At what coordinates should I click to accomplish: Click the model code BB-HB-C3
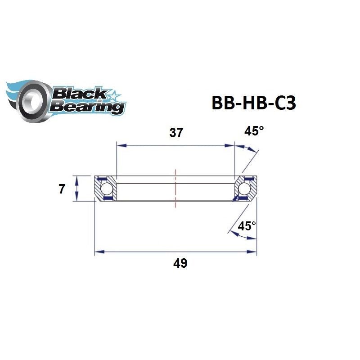click(253, 102)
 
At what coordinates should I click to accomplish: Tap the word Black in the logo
click(79, 94)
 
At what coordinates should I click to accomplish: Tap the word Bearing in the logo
click(87, 107)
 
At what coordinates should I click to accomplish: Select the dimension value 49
click(180, 264)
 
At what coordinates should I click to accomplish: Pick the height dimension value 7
click(61, 189)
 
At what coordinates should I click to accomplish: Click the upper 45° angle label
click(254, 131)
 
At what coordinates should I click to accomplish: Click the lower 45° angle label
click(247, 226)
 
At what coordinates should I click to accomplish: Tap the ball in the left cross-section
click(107, 188)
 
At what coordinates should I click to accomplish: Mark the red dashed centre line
click(175, 188)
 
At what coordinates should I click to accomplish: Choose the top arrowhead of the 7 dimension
click(77, 179)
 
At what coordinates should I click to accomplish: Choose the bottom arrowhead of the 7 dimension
click(77, 198)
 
